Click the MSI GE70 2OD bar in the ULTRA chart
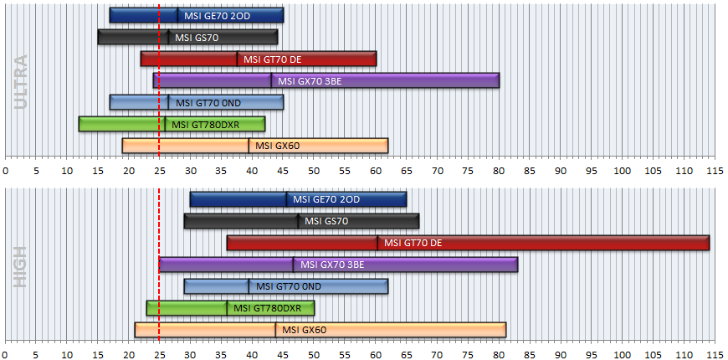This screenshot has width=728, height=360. pyautogui.click(x=197, y=15)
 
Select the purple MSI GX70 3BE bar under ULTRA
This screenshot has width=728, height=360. pyautogui.click(x=326, y=80)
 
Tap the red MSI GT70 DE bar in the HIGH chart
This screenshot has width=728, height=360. pyautogui.click(x=468, y=243)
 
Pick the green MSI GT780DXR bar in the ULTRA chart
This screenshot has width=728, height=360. pyautogui.click(x=172, y=124)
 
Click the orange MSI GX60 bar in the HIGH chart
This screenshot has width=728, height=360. pyautogui.click(x=320, y=330)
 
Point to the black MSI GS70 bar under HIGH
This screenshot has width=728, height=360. pyautogui.click(x=301, y=221)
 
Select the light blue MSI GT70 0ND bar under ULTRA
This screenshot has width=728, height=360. pyautogui.click(x=197, y=102)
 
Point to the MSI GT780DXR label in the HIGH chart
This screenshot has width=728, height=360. pyautogui.click(x=267, y=308)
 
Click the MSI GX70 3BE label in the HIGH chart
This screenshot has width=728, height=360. pyautogui.click(x=332, y=265)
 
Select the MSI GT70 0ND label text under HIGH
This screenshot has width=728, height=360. pyautogui.click(x=289, y=286)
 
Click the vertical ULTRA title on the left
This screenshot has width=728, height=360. pyautogui.click(x=21, y=82)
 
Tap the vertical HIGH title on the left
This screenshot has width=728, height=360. pyautogui.click(x=21, y=266)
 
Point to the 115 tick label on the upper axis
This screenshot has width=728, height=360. pyautogui.click(x=715, y=171)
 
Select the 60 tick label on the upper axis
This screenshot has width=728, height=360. pyautogui.click(x=375, y=171)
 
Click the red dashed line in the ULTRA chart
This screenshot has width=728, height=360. pyautogui.click(x=159, y=80)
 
